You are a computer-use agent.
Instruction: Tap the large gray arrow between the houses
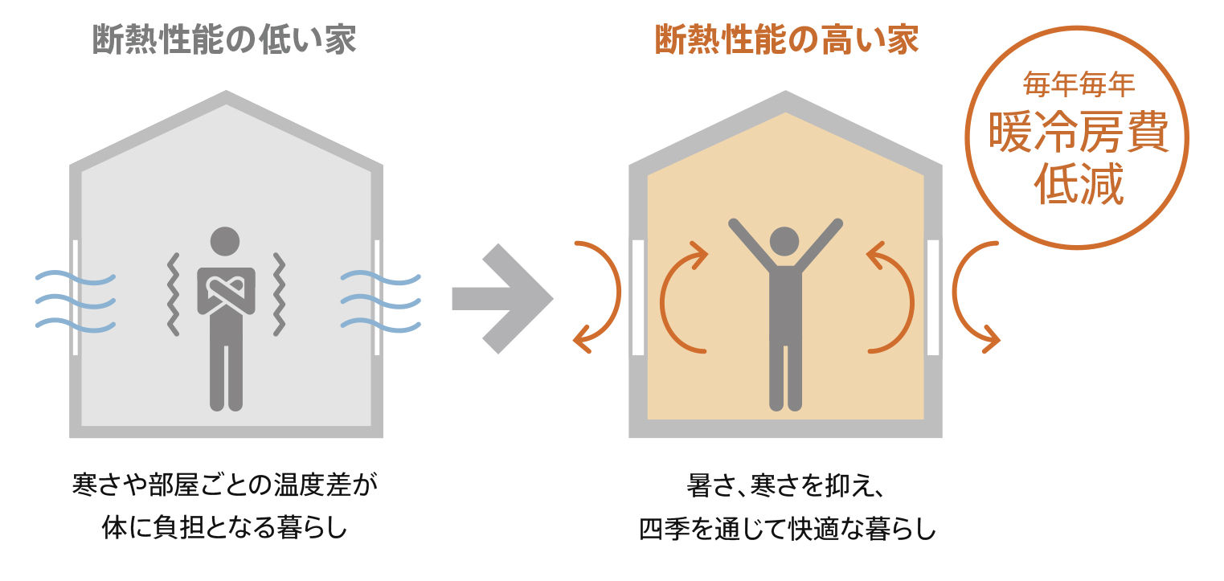pos(503,298)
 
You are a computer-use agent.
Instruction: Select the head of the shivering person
pos(225,242)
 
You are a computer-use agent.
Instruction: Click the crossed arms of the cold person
pos(226,289)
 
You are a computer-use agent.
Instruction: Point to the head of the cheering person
pos(784,242)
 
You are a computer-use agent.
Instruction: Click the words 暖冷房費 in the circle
pos(1078,135)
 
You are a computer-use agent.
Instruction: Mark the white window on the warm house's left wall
pos(638,298)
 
